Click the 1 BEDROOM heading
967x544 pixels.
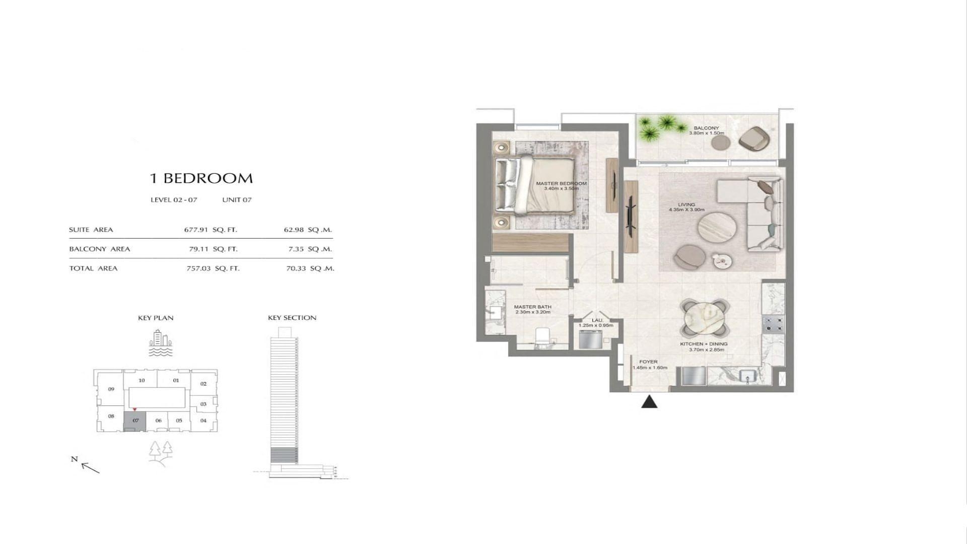(x=201, y=178)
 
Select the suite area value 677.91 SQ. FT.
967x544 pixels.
(x=211, y=230)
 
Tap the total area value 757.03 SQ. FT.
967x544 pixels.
(x=213, y=268)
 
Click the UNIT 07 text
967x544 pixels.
(x=237, y=200)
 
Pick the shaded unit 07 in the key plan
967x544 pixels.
(x=135, y=421)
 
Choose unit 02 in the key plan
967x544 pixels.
(x=203, y=384)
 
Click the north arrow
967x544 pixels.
(x=90, y=468)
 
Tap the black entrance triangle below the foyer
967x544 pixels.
(x=650, y=401)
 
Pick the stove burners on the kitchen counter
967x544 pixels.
(x=773, y=324)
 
